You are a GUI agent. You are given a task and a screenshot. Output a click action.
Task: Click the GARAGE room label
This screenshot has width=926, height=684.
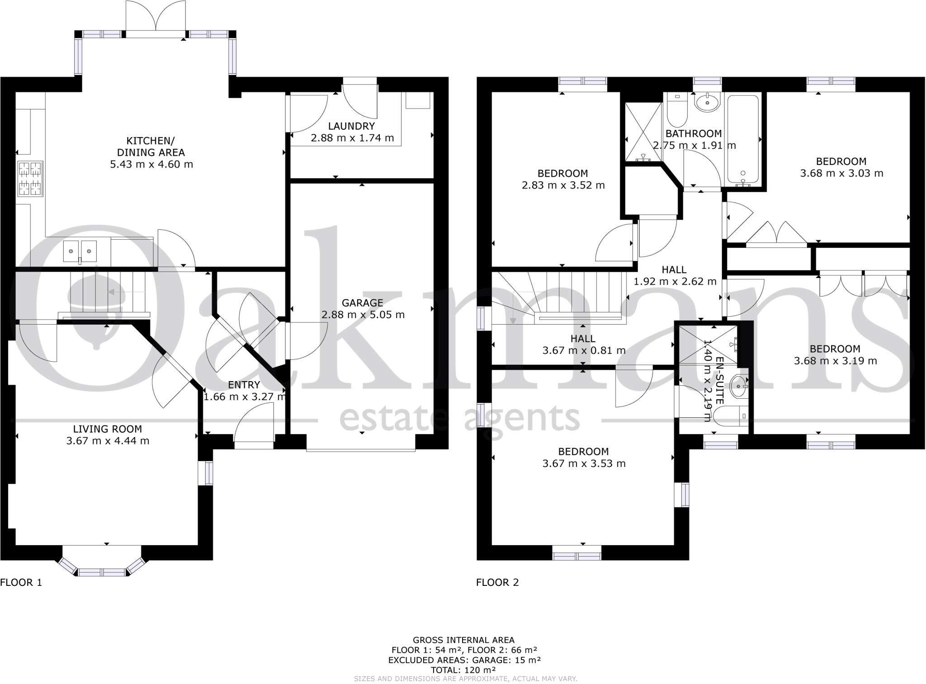coord(362,303)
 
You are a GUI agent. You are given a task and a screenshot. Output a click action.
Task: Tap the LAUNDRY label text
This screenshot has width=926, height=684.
coord(351,126)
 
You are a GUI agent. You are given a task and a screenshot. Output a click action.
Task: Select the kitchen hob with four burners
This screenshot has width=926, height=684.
coord(30,179)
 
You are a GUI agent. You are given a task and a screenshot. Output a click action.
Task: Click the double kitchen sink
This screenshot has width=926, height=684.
coord(80,251)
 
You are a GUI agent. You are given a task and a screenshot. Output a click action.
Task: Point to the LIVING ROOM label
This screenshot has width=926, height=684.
coord(108,429)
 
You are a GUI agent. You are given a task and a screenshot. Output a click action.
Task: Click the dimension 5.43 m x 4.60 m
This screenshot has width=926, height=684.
coord(151,164)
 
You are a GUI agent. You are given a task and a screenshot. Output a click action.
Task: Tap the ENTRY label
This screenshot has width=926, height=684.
coord(244,385)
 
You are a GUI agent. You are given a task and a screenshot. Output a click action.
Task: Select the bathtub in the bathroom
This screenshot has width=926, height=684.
coord(742,140)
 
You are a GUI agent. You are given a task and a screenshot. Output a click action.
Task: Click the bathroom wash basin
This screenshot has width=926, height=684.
coord(707,104)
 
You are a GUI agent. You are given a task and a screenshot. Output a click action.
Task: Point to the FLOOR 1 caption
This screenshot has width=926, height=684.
coord(21,582)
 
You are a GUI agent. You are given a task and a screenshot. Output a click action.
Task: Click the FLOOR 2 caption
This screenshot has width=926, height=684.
coord(497,582)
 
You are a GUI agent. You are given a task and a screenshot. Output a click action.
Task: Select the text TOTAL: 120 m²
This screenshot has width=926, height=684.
coord(463,670)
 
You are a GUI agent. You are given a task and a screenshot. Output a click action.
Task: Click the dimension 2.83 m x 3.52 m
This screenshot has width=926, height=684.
coord(563,185)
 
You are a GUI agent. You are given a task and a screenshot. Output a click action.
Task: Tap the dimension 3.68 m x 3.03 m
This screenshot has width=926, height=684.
coord(841,173)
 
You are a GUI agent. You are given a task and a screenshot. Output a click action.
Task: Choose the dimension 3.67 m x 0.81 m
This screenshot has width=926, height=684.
coord(584,350)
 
